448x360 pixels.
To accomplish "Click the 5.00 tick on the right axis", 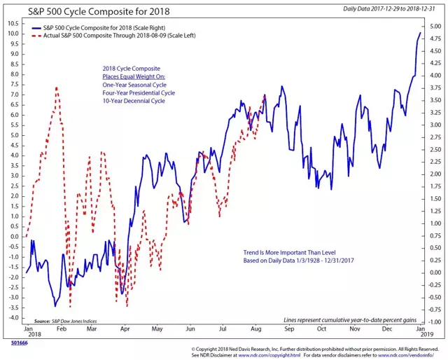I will click(x=435, y=27).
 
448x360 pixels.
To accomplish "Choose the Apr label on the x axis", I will click(x=124, y=328).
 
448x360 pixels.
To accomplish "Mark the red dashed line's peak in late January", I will click(x=56, y=88).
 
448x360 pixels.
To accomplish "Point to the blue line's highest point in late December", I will click(x=420, y=33).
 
